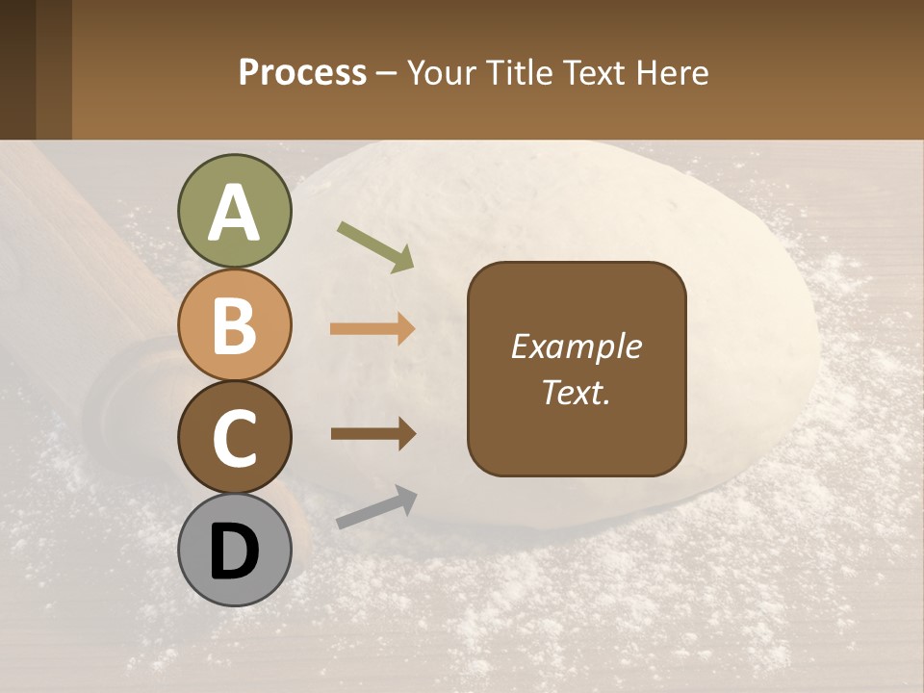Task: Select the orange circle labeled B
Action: (235, 325)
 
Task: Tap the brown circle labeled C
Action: (235, 438)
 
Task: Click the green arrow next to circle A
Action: (375, 246)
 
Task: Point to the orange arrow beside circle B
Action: (372, 329)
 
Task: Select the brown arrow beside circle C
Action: (372, 434)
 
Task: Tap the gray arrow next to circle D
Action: (376, 507)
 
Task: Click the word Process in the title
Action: (302, 73)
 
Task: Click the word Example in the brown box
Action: (576, 346)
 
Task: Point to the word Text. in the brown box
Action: (576, 392)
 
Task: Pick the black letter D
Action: (235, 552)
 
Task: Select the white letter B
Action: (235, 326)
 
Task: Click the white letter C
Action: (235, 439)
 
